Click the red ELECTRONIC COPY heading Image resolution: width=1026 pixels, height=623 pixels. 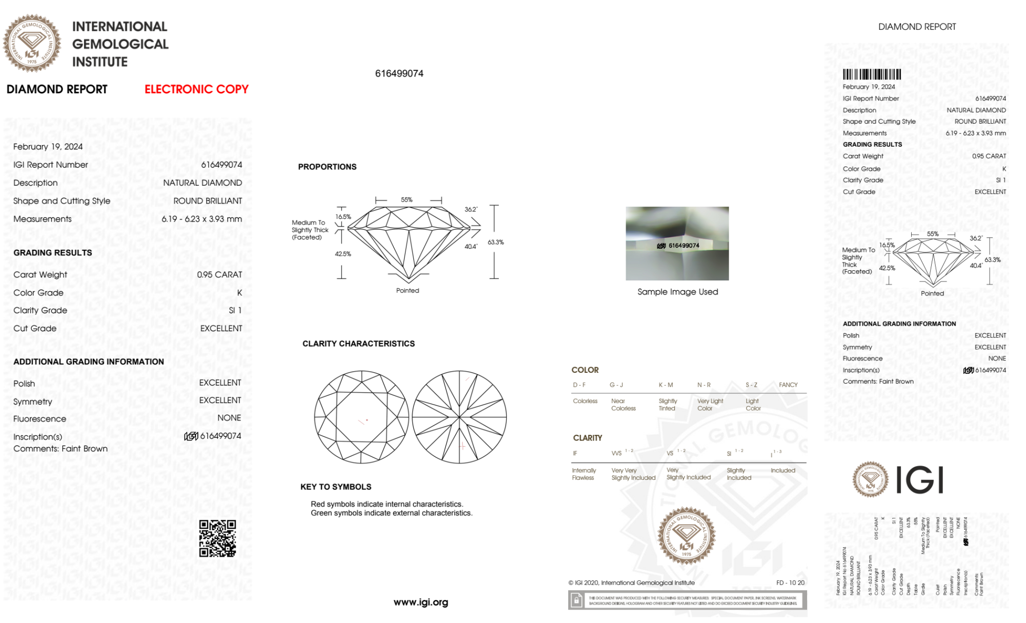(196, 89)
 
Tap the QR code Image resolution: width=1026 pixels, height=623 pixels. (217, 538)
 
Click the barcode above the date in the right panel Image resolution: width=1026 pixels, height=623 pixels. (872, 74)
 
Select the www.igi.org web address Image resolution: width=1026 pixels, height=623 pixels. (420, 602)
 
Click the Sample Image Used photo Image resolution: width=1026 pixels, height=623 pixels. (677, 244)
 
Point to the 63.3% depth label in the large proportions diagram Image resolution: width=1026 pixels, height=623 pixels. (495, 242)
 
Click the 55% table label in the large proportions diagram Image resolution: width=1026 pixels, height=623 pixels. (407, 199)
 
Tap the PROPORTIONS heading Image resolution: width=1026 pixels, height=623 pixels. (327, 167)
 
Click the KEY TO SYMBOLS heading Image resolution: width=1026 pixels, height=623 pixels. (336, 487)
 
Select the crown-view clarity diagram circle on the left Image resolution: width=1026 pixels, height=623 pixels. (361, 417)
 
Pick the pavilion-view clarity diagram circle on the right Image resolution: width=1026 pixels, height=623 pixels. (459, 417)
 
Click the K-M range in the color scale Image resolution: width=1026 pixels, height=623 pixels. (666, 385)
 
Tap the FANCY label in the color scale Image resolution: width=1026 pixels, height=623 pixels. (788, 385)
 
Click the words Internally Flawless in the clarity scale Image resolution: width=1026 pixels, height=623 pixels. (584, 474)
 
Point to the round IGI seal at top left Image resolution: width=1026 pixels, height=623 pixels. (32, 43)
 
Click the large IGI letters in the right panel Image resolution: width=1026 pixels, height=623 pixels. (920, 480)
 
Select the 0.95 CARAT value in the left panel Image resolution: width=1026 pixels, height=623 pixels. (219, 275)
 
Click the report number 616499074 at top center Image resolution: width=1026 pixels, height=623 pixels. (399, 73)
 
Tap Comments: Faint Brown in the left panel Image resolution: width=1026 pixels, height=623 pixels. (61, 449)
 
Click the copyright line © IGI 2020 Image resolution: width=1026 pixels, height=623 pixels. (631, 582)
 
